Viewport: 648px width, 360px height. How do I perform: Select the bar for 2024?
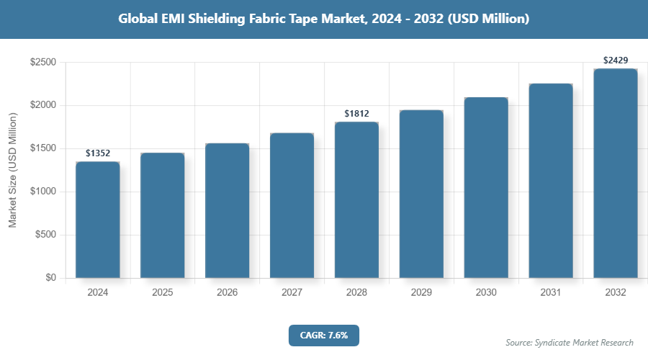98,220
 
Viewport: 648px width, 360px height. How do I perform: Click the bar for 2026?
228,210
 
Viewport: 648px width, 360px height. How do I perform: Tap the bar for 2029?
421,194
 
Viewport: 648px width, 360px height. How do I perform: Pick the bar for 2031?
551,181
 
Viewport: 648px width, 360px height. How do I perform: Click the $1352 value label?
98,153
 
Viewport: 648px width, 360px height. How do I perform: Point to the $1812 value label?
356,114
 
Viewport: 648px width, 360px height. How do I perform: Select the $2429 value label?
616,60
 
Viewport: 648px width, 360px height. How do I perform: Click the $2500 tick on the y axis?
43,63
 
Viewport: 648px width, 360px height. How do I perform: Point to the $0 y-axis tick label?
50,278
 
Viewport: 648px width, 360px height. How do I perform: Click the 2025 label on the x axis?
163,293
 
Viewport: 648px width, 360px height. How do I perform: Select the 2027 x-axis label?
292,293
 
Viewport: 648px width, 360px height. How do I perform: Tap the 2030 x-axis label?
486,293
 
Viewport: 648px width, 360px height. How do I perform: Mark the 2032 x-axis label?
616,293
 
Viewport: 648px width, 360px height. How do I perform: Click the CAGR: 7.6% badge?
323,335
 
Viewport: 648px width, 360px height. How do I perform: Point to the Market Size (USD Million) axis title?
13,170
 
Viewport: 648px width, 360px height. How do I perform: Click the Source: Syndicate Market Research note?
569,343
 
